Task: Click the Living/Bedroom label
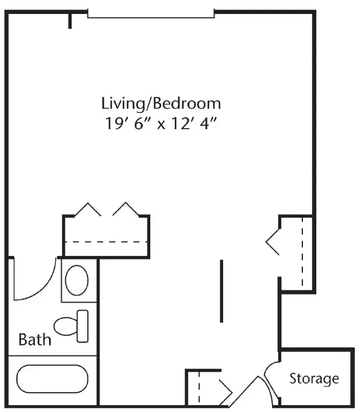[x=161, y=104]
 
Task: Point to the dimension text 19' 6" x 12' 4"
[x=161, y=123]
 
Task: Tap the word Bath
[x=35, y=339]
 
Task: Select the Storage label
[x=314, y=379]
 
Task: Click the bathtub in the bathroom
[x=52, y=379]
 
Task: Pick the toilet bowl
[x=65, y=326]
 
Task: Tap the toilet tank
[x=83, y=326]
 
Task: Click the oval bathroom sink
[x=77, y=280]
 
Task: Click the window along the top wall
[x=151, y=13]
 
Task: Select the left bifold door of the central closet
[x=88, y=209]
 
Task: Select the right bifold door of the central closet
[x=126, y=209]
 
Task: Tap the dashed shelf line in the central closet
[x=106, y=241]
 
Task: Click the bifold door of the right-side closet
[x=273, y=242]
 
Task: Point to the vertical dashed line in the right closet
[x=302, y=251]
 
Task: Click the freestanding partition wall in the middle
[x=221, y=291]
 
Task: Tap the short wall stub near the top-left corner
[x=70, y=20]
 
